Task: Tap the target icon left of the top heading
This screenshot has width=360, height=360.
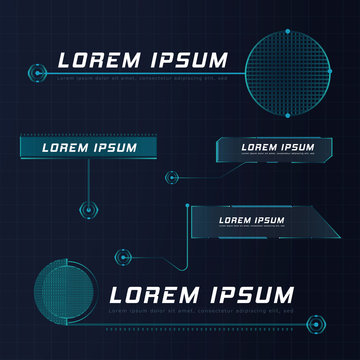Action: click(37, 73)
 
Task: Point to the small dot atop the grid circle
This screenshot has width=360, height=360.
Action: click(287, 30)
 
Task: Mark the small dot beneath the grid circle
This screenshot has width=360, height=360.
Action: click(287, 115)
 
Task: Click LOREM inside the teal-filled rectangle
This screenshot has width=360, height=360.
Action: click(64, 148)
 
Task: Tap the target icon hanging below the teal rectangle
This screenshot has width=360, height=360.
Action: click(89, 212)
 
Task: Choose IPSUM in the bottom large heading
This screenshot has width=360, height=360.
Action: click(246, 295)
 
